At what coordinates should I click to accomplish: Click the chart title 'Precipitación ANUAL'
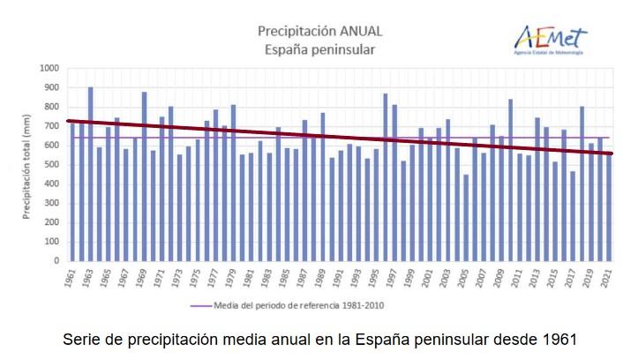(319, 31)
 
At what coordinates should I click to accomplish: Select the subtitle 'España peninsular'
(319, 49)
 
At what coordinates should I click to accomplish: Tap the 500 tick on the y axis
(51, 164)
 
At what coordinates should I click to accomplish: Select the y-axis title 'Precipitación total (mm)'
(27, 164)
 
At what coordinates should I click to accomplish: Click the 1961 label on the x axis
(71, 277)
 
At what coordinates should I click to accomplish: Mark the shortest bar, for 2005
(466, 218)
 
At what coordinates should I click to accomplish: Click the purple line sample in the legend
(200, 305)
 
